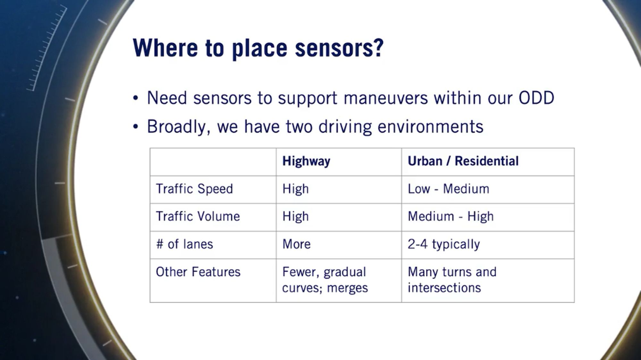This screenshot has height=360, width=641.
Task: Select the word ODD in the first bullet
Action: [x=536, y=98]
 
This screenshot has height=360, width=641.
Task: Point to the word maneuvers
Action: [x=386, y=98]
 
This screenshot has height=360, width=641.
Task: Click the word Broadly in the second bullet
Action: [x=178, y=127]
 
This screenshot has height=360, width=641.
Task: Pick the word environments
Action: [x=430, y=127]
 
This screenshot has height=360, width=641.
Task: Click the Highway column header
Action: [x=306, y=161]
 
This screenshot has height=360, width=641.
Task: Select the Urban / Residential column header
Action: [x=463, y=161]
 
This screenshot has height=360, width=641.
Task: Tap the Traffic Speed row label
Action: [x=194, y=189]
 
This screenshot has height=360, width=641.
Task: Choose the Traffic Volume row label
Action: [x=198, y=217]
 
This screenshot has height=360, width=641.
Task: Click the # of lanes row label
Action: [x=184, y=244]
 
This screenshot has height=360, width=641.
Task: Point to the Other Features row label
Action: [x=198, y=272]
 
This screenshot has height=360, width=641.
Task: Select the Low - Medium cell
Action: [x=448, y=189]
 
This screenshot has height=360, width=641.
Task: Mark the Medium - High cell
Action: [x=451, y=217]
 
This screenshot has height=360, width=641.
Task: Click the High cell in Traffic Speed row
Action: [x=296, y=189]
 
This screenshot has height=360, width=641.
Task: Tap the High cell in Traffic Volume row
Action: [x=296, y=217]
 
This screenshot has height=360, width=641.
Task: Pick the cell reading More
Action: [x=296, y=244]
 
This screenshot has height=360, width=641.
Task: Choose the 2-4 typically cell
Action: [x=444, y=244]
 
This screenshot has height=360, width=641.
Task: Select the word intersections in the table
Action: [x=444, y=288]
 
